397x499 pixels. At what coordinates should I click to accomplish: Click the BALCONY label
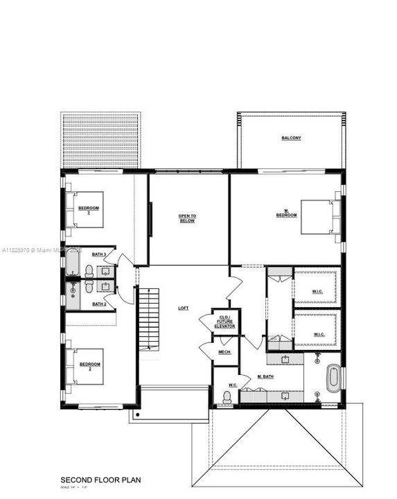pos(291,138)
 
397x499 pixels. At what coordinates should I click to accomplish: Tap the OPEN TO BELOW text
pos(187,218)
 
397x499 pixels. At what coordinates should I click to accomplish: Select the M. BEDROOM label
pos(286,213)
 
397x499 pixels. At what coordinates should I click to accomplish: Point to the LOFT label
pos(184,308)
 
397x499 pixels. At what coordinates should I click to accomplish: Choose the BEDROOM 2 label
pos(89,365)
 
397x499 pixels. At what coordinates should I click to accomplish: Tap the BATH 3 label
pos(99,255)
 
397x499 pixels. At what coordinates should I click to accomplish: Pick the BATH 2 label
pos(99,304)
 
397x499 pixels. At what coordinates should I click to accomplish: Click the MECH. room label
pos(224,353)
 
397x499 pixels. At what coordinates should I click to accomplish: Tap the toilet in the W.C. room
pos(227,397)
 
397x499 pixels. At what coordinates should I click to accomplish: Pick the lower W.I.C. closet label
pos(319,335)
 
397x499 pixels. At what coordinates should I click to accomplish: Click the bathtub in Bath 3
pos(73,265)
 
